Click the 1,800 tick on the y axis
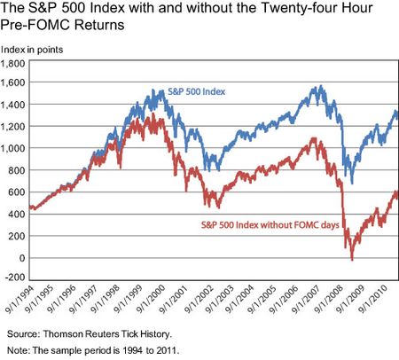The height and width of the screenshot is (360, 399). click(18, 65)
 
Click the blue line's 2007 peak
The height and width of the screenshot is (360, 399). click(316, 87)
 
